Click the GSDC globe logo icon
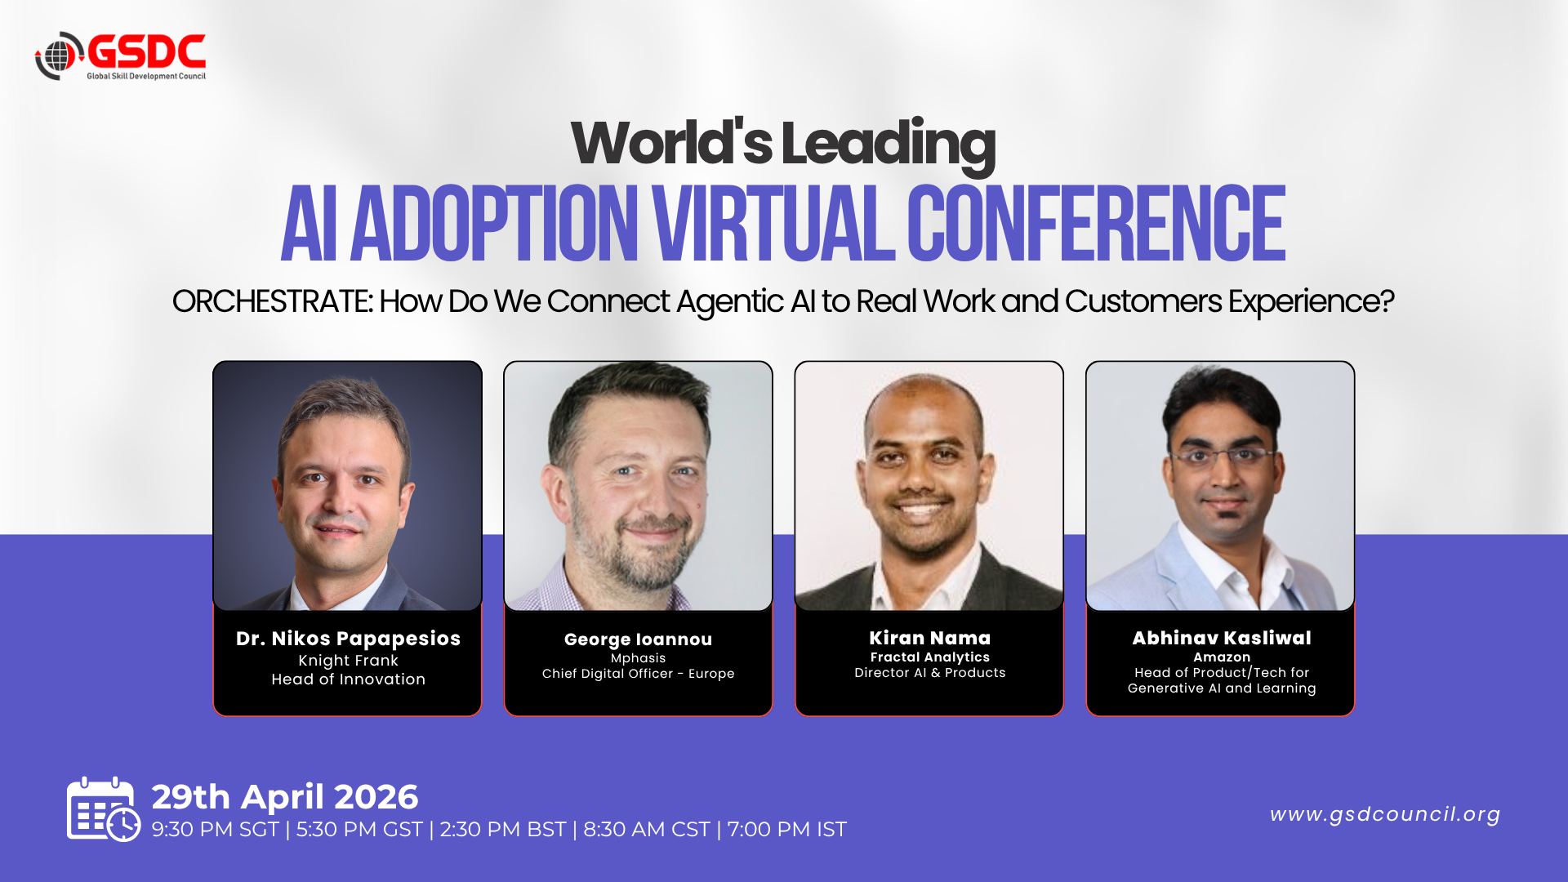[59, 56]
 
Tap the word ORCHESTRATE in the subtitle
[272, 301]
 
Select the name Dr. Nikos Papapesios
[348, 639]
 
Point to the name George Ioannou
[638, 639]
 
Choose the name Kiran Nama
[929, 638]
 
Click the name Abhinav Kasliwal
[1222, 638]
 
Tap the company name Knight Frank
[348, 661]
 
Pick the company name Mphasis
[638, 658]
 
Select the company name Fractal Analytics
[929, 657]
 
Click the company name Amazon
[1222, 657]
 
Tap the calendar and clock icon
[103, 809]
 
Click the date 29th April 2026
[285, 797]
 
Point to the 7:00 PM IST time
[786, 830]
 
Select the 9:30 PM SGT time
[216, 830]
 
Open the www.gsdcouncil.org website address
[1385, 814]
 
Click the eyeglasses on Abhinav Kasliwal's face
[1222, 455]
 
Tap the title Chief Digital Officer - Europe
[638, 674]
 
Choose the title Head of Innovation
[348, 679]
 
